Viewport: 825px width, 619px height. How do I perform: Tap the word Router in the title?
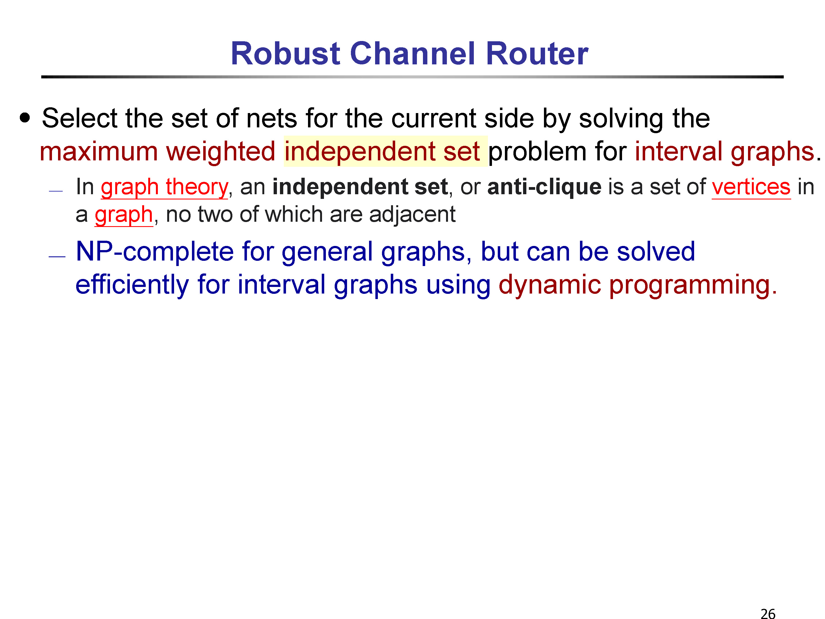[537, 53]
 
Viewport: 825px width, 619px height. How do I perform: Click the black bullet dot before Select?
[25, 118]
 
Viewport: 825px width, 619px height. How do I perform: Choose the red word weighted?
[221, 152]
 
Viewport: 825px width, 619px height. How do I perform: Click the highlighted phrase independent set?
[382, 152]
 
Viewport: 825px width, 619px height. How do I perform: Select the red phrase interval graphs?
[724, 152]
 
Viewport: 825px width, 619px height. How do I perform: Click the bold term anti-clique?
[544, 187]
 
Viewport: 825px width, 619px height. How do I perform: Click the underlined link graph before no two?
[124, 215]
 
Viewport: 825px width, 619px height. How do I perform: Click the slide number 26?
[768, 613]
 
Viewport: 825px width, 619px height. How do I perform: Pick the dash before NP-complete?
[57, 257]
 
